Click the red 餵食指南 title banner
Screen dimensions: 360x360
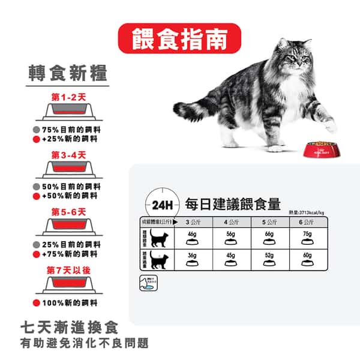coord(179,38)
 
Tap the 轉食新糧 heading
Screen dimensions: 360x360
coord(68,73)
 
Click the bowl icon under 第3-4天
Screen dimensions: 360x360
coord(69,169)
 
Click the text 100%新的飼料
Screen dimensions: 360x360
coord(71,303)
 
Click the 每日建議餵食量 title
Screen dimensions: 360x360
coord(233,203)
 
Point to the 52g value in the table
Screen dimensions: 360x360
coord(269,256)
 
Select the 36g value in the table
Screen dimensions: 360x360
coord(193,256)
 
